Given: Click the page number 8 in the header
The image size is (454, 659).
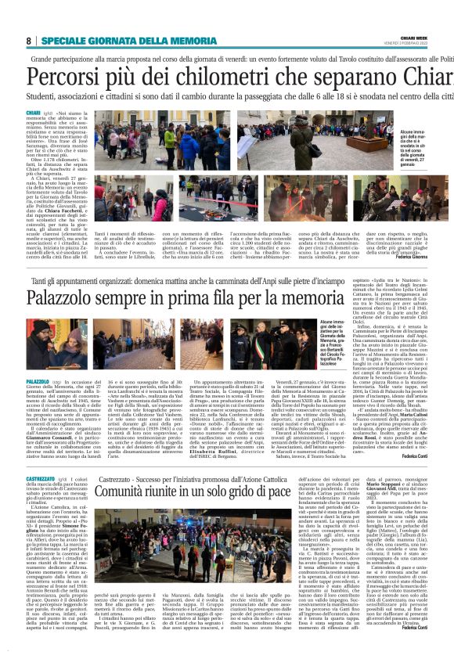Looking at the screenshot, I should pos(28,41).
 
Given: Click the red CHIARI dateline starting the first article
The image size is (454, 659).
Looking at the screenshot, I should pos(35,113).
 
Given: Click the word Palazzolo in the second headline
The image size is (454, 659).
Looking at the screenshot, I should pos(70,298).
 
